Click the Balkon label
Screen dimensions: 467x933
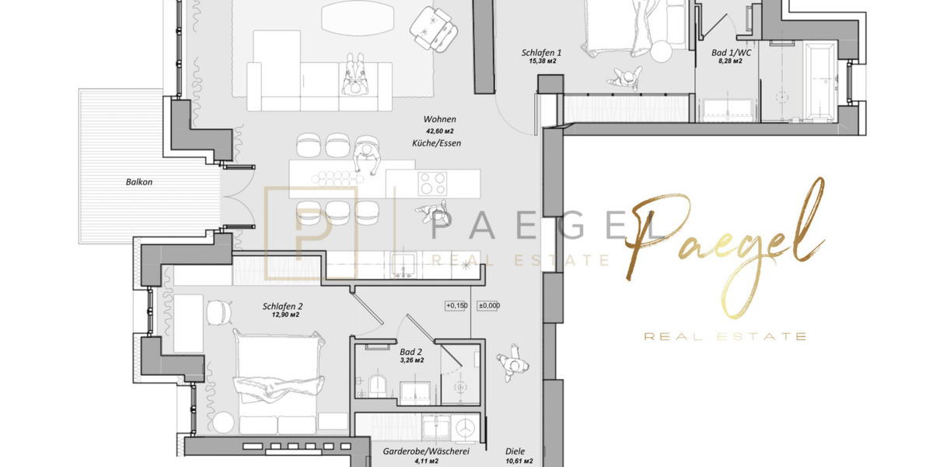click(x=139, y=182)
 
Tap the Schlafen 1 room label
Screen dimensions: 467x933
click(x=541, y=53)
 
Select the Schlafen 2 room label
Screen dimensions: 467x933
click(x=283, y=307)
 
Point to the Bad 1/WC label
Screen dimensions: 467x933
click(x=731, y=53)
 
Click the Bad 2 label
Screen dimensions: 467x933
click(x=411, y=352)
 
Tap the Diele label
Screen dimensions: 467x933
click(x=515, y=451)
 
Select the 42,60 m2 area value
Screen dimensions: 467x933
click(x=440, y=132)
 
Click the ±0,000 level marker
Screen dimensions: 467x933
click(x=488, y=306)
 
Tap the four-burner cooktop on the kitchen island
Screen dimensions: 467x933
click(x=432, y=184)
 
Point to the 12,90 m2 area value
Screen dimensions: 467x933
click(x=283, y=316)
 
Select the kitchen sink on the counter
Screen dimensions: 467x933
click(x=404, y=265)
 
